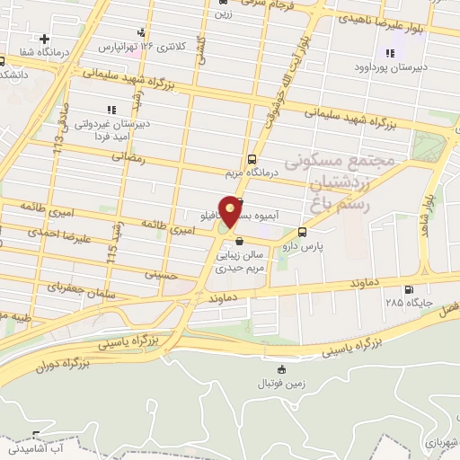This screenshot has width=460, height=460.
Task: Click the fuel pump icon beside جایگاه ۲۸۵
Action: tap(410, 289)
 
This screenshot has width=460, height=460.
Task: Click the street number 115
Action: tap(111, 242)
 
